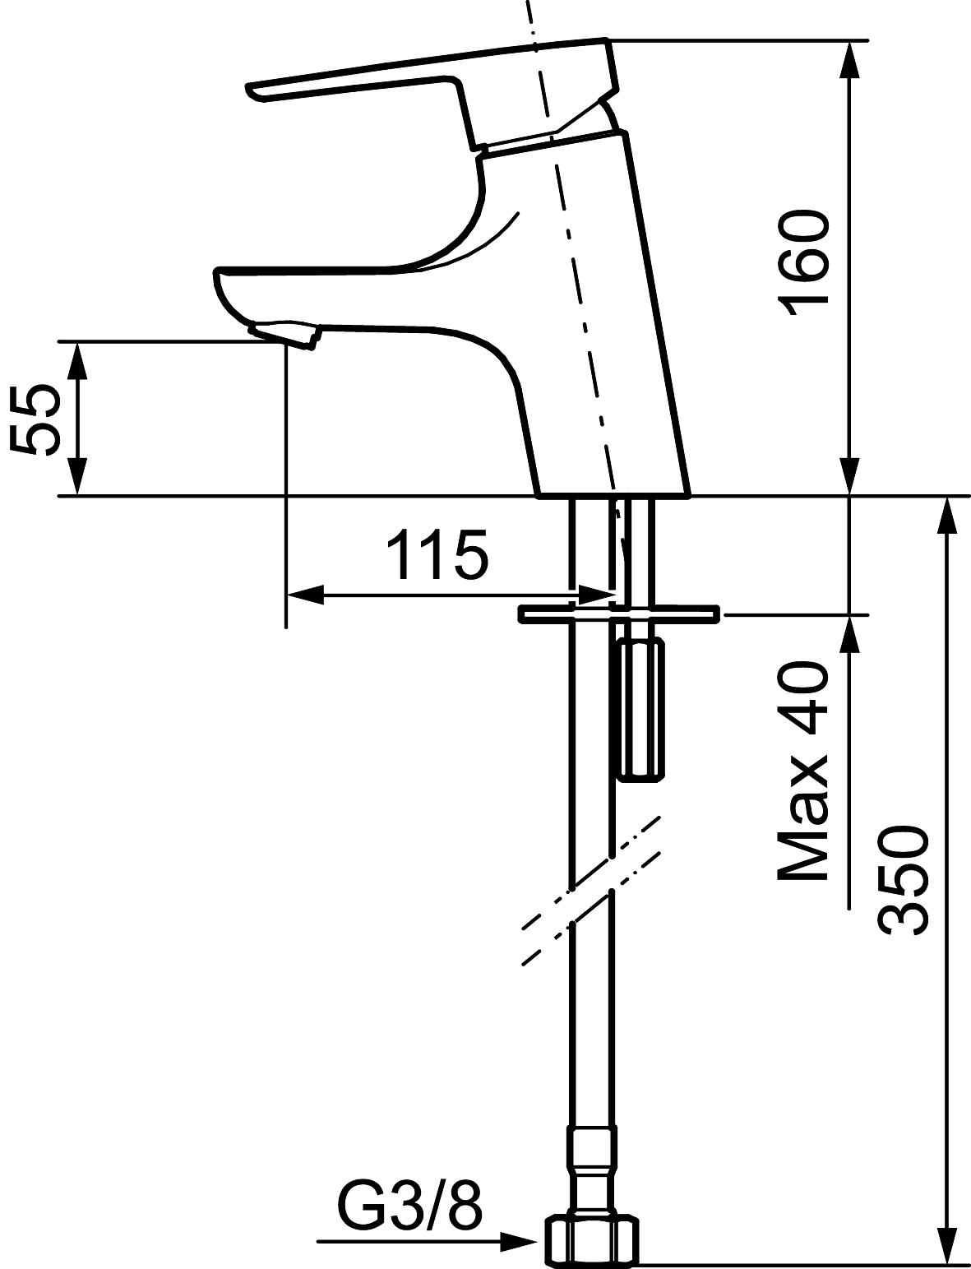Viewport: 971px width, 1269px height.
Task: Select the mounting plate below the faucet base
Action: click(x=618, y=614)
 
